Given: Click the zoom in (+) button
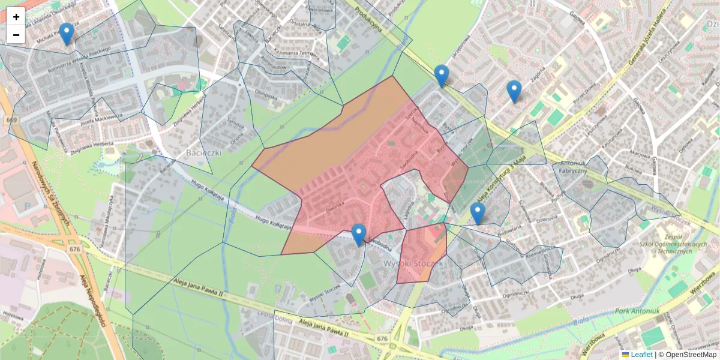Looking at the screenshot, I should click(x=16, y=17).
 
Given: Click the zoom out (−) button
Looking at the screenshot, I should click(x=16, y=35).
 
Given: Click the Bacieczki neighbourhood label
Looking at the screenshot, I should click(x=204, y=152).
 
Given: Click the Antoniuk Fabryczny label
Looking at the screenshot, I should click(x=573, y=167).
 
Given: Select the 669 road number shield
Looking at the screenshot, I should click(x=12, y=120).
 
